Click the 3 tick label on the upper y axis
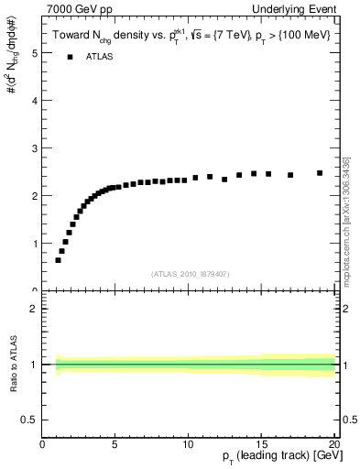point(34,148)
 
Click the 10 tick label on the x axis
point(187,445)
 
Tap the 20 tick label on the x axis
point(333,445)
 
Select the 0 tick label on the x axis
point(43,445)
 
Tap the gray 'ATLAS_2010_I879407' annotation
point(189,274)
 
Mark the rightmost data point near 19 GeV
point(320,172)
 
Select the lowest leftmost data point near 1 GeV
point(59,260)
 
